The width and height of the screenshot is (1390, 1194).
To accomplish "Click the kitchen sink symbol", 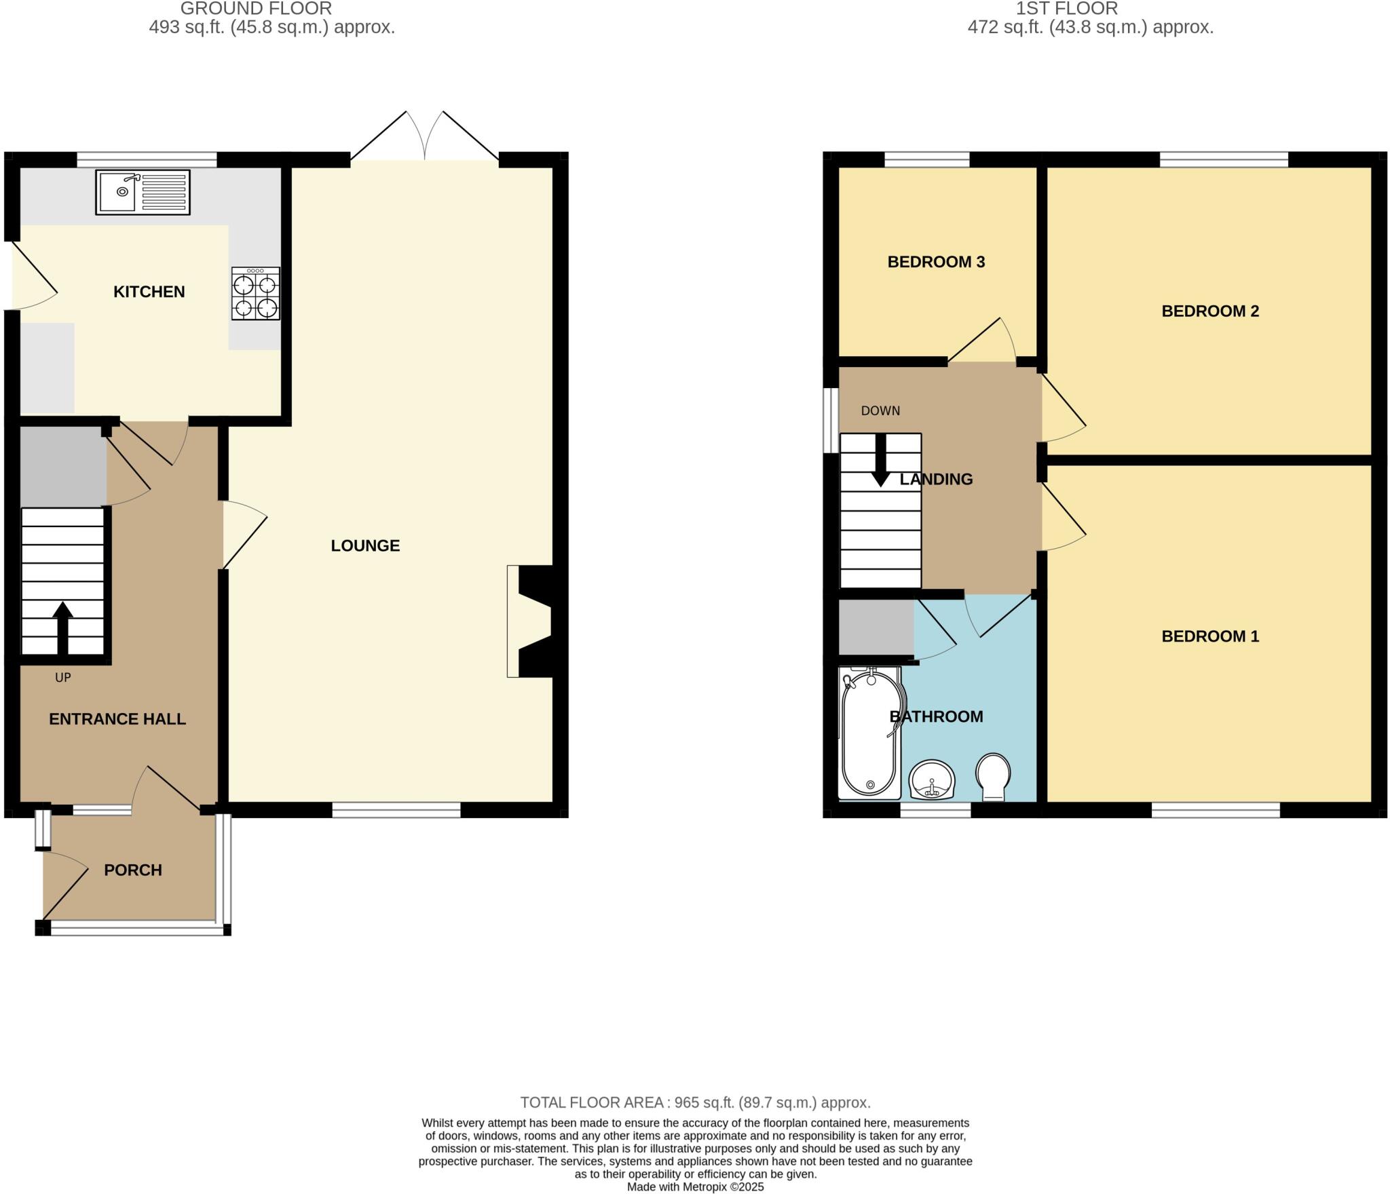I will click(x=143, y=192).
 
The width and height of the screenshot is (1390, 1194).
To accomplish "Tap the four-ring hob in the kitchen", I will click(x=256, y=293).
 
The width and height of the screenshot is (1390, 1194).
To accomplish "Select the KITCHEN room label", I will click(x=149, y=292).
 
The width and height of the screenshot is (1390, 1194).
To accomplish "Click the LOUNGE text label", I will click(x=365, y=545).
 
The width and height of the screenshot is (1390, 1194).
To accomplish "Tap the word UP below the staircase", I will click(x=62, y=677).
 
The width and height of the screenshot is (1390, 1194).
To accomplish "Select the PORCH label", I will click(x=133, y=870).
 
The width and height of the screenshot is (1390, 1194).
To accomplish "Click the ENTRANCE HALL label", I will click(x=117, y=719).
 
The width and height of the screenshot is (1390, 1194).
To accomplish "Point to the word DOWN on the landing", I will click(x=880, y=410).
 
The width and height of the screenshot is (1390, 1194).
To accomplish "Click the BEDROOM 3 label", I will click(x=936, y=262).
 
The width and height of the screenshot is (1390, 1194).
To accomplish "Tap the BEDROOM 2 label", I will click(x=1210, y=311).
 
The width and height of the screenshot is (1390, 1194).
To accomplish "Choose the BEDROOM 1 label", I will click(x=1210, y=636).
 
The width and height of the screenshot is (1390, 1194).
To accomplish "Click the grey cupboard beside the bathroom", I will click(x=876, y=628).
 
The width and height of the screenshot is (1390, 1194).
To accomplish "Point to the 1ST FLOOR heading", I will click(x=1066, y=9).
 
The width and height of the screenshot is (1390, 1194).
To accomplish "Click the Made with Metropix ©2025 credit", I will click(x=695, y=1187).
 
